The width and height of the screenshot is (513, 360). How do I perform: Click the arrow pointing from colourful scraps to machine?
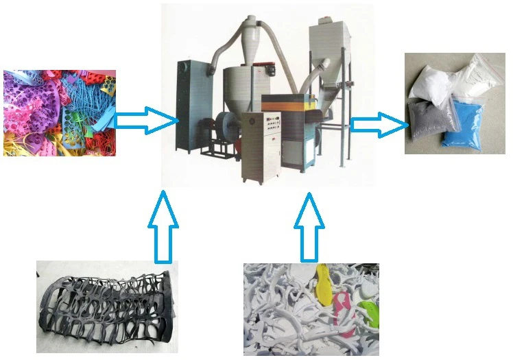144,121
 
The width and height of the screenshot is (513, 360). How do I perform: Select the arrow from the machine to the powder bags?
378,125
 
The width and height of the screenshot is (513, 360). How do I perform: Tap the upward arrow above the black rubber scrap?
163,226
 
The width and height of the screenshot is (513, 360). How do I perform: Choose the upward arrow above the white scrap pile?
310,226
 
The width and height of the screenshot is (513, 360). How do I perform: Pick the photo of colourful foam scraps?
59,112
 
